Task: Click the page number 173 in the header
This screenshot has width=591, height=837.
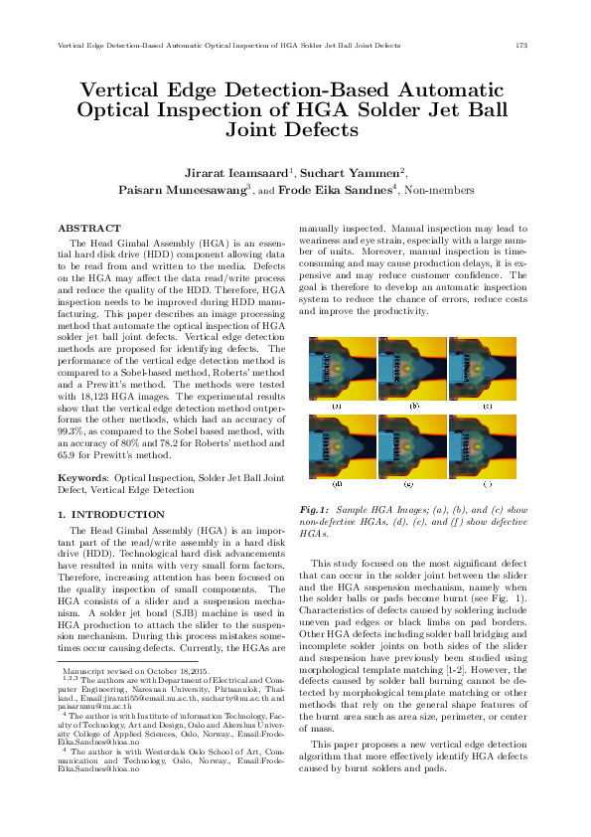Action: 520,46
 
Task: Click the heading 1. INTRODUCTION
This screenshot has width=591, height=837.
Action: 111,514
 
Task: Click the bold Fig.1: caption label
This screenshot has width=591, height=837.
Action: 315,510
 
